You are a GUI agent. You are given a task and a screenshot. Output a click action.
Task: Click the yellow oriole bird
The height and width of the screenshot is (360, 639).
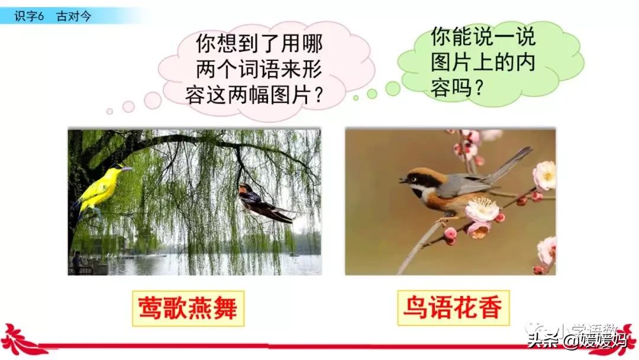click(101, 188)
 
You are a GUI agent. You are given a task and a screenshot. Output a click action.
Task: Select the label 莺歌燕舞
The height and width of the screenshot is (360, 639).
click(188, 308)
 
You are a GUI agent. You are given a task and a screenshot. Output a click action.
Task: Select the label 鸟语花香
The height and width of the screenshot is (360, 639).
click(453, 308)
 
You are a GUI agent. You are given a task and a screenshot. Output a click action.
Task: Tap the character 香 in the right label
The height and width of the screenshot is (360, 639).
click(490, 308)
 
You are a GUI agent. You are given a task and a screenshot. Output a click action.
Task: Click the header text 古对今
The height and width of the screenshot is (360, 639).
click(74, 16)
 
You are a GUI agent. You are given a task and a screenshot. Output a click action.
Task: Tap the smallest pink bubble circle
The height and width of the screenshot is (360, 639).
click(109, 111)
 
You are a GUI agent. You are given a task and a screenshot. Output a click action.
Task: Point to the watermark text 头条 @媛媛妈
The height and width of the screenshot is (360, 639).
click(576, 340)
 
